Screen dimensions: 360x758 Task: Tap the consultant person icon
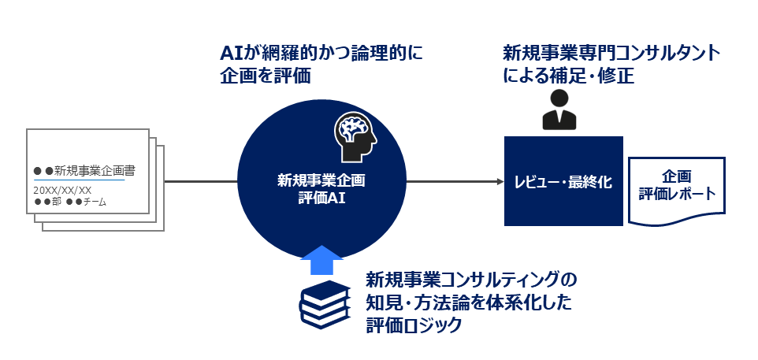(x=559, y=110)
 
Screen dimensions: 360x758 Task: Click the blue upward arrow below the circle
(x=321, y=261)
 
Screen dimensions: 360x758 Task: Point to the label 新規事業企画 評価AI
(x=321, y=189)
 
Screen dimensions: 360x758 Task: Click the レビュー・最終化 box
(x=563, y=181)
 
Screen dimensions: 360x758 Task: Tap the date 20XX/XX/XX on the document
(x=62, y=190)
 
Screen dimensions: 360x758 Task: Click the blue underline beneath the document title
(x=79, y=180)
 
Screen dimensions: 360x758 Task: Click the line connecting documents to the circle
(x=201, y=182)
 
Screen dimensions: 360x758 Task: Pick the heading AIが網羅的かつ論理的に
(x=321, y=54)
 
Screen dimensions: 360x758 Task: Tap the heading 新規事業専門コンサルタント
(x=611, y=54)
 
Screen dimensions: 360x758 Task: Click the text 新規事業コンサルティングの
(x=471, y=280)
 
